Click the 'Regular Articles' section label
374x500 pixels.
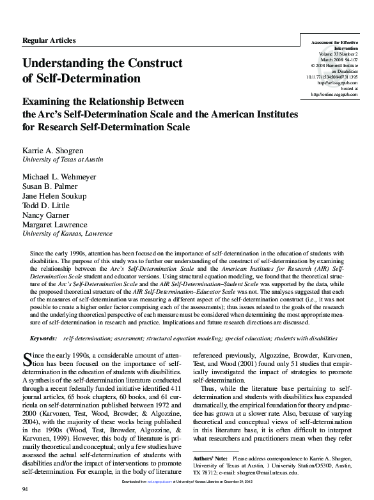pos(49,41)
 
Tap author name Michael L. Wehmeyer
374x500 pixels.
pos(62,176)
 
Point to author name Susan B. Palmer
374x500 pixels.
pos(52,185)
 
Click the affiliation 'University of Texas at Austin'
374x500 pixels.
pos(62,159)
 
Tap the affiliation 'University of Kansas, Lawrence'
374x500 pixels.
pos(67,234)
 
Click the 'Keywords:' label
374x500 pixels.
pos(43,336)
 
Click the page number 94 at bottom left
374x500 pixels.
pos(26,489)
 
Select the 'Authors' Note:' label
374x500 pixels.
pos(210,458)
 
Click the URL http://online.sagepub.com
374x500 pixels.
pos(334,95)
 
